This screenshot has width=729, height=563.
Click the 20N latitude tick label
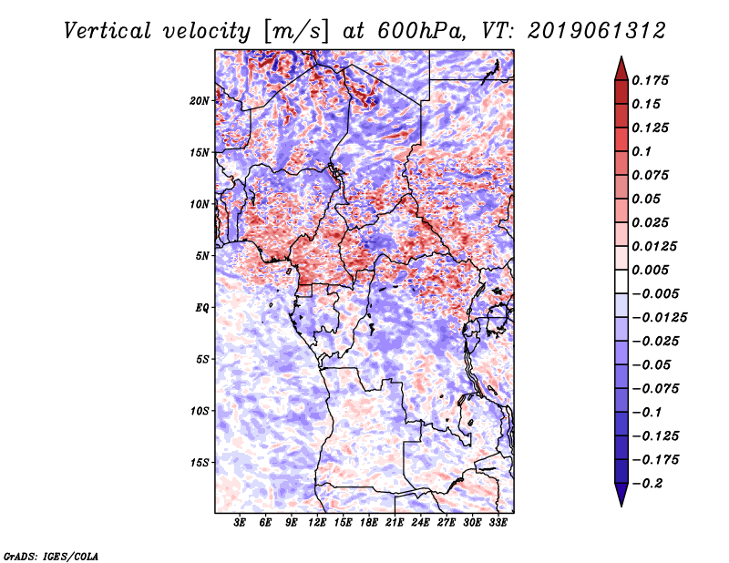coord(200,100)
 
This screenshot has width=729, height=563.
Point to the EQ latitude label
coord(203,308)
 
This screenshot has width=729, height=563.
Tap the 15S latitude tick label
coord(200,463)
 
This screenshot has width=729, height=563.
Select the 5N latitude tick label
coord(202,256)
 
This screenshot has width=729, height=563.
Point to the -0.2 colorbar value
coord(649,483)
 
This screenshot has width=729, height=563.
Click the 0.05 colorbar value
coord(647,199)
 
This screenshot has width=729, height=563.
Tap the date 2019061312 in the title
coord(584,31)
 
